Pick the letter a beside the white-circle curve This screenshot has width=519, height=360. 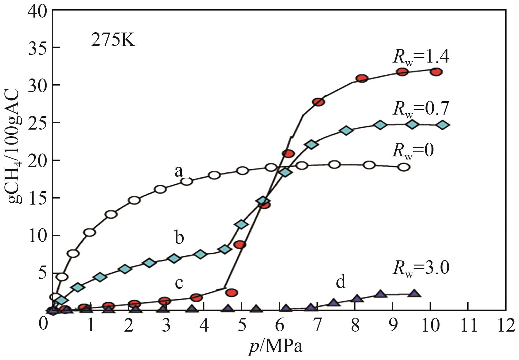point(179,172)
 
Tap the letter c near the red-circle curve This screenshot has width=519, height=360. point(179,283)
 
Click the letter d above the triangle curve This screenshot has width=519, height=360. point(340,282)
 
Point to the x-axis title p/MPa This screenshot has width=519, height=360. point(276,346)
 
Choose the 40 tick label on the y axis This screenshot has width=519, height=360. point(38,11)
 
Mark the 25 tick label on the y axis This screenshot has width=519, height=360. point(38,123)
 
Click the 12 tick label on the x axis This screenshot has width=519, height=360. point(505,326)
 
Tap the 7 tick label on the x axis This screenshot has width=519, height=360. point(317,326)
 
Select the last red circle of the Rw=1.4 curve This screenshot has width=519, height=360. point(436,72)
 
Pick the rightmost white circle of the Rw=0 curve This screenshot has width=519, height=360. point(404,167)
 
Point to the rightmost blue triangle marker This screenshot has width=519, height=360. point(414,294)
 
